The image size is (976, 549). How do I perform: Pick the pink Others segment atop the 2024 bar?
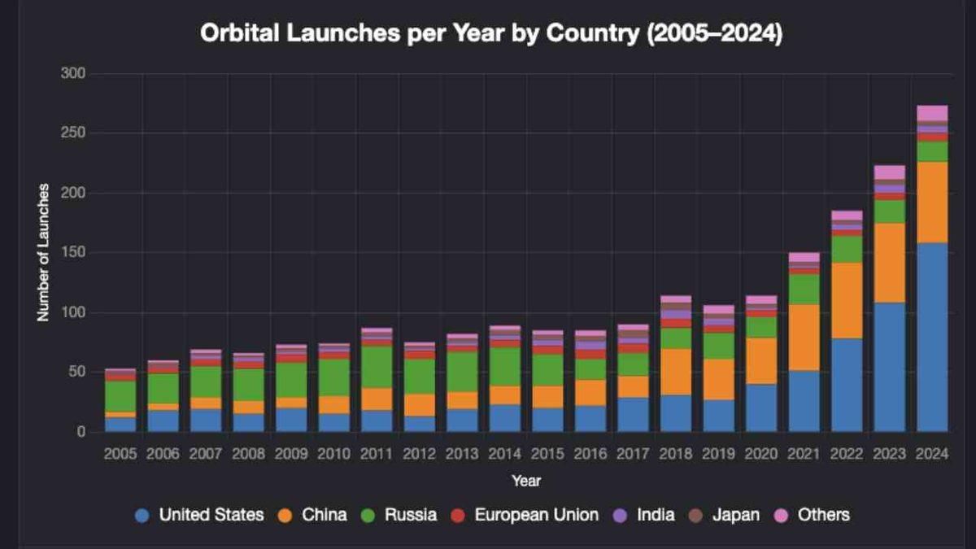932,113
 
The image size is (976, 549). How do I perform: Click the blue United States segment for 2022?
847,385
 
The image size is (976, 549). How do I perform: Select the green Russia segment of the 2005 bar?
120,396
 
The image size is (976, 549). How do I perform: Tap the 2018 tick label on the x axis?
675,453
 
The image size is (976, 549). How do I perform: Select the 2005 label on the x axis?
120,453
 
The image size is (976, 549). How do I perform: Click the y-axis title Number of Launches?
43,252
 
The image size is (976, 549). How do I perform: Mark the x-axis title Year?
526,481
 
